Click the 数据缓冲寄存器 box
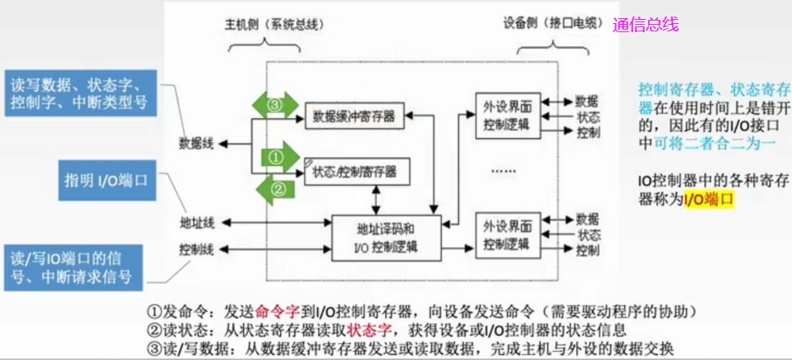click(354, 116)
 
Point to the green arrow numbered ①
click(277, 155)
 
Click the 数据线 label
click(197, 144)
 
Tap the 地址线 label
click(197, 223)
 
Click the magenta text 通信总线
click(646, 25)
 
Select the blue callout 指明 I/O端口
click(106, 181)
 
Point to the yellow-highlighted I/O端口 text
click(709, 199)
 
